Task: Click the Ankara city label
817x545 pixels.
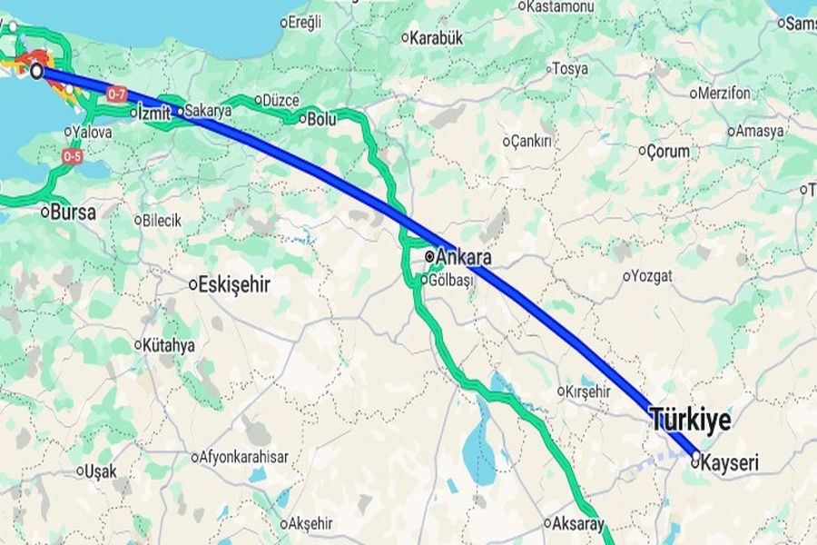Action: tap(464, 257)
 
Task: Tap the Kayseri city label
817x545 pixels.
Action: tap(730, 463)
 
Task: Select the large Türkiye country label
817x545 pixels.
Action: tap(690, 420)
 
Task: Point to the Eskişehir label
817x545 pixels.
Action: tap(234, 284)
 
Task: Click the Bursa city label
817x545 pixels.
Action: tap(74, 212)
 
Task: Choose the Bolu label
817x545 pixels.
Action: tap(322, 118)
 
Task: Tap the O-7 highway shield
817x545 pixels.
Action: tap(117, 94)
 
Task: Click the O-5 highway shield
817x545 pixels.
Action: tap(73, 157)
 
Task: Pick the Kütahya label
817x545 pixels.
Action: tap(170, 345)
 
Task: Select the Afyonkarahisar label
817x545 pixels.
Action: tap(244, 457)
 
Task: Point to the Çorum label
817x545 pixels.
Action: tap(669, 152)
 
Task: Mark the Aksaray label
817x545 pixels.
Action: tap(577, 523)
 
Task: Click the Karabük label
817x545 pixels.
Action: tap(437, 38)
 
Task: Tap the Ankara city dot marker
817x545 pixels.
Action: tap(429, 257)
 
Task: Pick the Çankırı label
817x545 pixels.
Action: tap(532, 142)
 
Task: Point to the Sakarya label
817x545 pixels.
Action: tap(208, 111)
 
